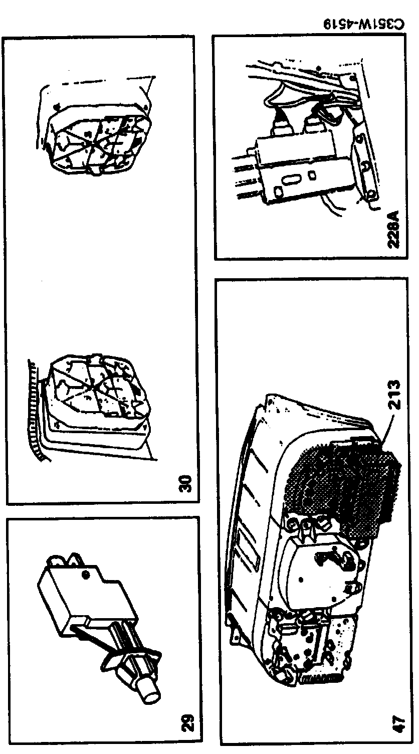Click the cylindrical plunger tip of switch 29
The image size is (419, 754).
(150, 696)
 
